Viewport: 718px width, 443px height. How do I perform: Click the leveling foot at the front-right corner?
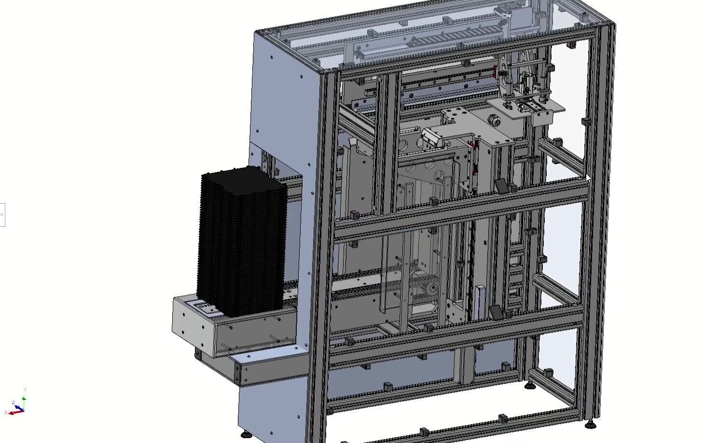click(x=590, y=424)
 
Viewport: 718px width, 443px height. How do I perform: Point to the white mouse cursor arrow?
click(x=588, y=178)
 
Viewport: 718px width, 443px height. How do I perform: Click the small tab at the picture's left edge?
click(x=2, y=215)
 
